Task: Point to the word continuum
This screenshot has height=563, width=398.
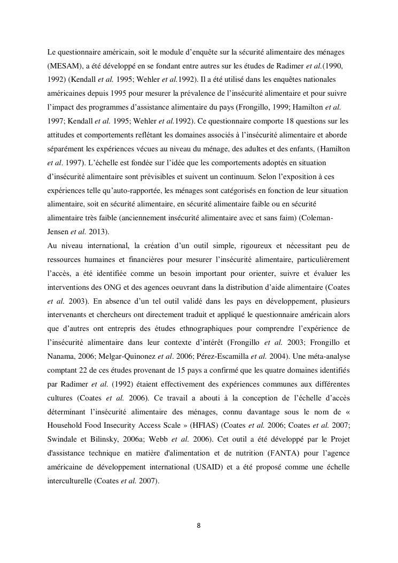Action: click(255, 176)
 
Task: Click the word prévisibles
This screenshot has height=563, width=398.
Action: click(185, 176)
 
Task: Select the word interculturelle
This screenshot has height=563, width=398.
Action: click(69, 482)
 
